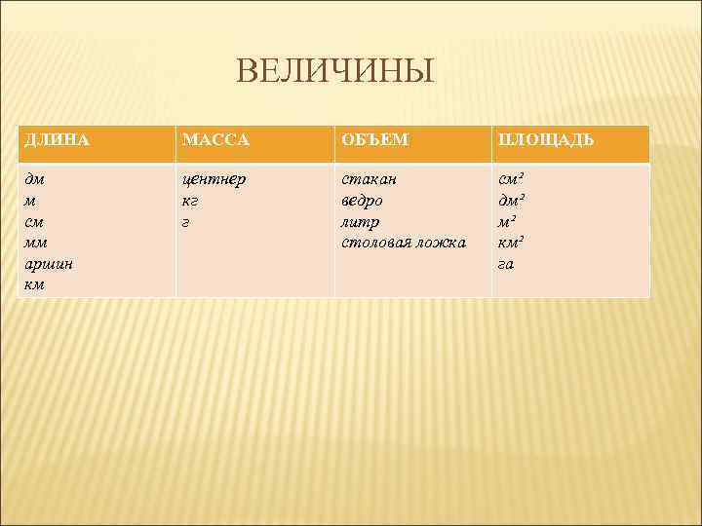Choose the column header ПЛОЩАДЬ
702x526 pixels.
[x=546, y=140]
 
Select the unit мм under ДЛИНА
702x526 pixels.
[x=36, y=243]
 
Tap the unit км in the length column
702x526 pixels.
[x=35, y=284]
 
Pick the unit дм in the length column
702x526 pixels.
[x=35, y=179]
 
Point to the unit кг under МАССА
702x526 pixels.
[x=191, y=201]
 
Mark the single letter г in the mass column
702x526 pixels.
[x=186, y=222]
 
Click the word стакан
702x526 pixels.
[x=369, y=179]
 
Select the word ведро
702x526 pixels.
[x=362, y=201]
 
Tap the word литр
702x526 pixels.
[x=360, y=222]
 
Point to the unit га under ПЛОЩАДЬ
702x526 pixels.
[x=506, y=264]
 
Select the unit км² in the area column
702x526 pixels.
[x=513, y=243]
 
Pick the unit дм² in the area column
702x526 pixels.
[x=513, y=201]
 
